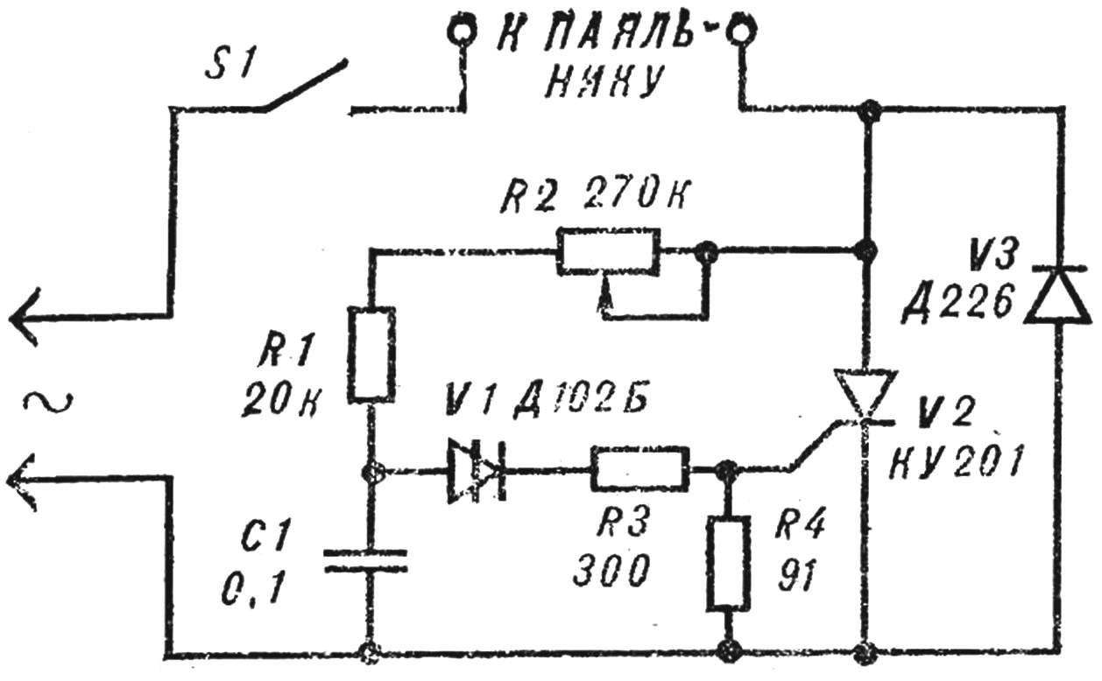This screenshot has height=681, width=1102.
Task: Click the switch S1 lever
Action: click(306, 85)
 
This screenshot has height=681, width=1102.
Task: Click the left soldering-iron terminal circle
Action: click(462, 32)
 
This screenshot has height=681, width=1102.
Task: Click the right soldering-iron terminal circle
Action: click(741, 32)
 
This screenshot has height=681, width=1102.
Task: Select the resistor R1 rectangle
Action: click(371, 355)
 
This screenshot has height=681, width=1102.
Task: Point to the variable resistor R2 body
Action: click(608, 252)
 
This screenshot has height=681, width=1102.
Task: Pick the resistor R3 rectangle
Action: click(639, 469)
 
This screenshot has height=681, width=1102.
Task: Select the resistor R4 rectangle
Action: click(729, 564)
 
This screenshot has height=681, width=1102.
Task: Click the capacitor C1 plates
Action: click(365, 561)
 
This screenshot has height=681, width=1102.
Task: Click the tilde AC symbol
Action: click(48, 401)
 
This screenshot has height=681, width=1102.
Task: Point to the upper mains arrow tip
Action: click(11, 318)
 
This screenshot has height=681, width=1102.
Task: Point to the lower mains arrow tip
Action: click(10, 480)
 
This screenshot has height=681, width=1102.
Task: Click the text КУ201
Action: click(957, 462)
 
